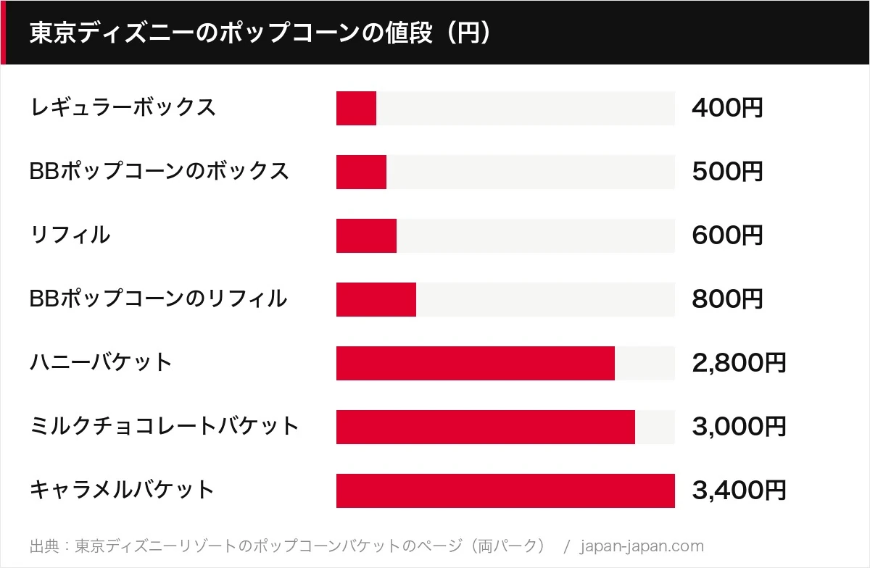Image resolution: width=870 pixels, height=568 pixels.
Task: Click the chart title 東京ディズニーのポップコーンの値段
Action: click(231, 32)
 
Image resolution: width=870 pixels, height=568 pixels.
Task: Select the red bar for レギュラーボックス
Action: click(356, 109)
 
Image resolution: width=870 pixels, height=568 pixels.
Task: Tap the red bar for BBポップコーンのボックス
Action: click(361, 172)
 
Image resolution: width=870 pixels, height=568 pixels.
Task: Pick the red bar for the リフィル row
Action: click(366, 235)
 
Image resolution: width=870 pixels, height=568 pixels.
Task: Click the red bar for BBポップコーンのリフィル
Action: click(376, 299)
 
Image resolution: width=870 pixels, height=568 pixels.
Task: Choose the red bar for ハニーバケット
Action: click(476, 363)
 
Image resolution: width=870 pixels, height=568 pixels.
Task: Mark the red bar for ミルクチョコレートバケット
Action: click(486, 427)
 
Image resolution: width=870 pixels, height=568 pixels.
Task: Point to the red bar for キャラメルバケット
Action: click(506, 490)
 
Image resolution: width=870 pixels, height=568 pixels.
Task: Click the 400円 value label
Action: click(727, 107)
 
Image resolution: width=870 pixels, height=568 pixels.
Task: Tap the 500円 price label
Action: click(727, 171)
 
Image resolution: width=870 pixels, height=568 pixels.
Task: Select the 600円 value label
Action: click(727, 235)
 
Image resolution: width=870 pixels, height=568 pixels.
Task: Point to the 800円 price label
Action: click(727, 298)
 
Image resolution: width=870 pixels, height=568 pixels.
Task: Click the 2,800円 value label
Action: click(739, 363)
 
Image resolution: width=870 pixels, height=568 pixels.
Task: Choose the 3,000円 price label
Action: click(739, 426)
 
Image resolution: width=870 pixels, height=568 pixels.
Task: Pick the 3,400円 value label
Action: click(739, 490)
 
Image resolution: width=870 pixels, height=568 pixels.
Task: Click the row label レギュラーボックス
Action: click(123, 107)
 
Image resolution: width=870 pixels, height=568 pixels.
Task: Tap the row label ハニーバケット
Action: click(101, 362)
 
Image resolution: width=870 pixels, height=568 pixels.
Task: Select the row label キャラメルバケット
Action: click(122, 489)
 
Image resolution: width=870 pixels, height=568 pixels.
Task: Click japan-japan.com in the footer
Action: click(642, 546)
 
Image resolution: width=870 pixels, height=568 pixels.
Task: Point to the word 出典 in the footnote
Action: click(45, 546)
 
